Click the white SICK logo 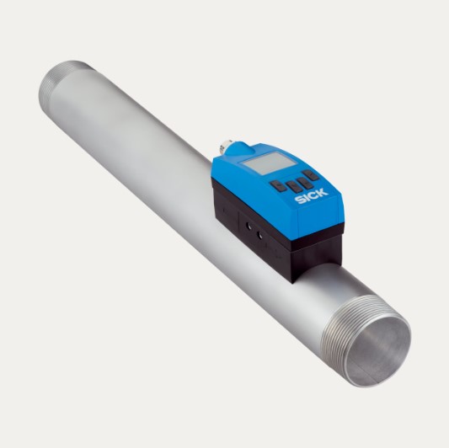[312, 196]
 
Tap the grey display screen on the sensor [269, 163]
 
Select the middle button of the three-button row [293, 186]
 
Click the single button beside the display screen [311, 174]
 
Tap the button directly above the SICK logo [305, 184]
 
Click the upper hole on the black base [249, 227]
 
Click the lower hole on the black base [260, 236]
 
